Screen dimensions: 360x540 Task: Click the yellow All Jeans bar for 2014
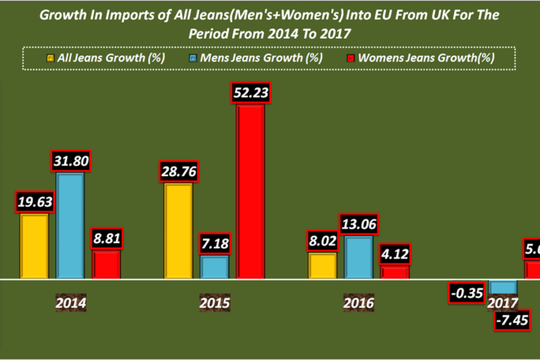34,246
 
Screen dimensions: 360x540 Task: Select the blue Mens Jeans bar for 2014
70,226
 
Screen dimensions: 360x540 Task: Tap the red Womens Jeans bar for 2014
106,264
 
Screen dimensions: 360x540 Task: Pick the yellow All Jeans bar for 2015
179,231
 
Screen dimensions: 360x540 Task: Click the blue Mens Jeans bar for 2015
215,267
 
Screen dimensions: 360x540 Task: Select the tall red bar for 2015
250,191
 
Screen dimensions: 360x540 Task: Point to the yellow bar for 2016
323,266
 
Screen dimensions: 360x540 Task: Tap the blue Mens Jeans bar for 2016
358,257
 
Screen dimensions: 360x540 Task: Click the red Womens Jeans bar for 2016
395,272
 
